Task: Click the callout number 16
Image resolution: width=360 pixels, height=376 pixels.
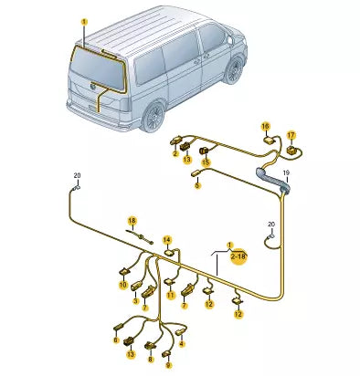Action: click(265, 126)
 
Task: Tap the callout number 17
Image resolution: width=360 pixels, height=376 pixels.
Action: click(291, 134)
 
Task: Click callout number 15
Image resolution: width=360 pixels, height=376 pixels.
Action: click(206, 162)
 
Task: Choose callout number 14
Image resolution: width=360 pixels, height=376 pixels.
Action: click(167, 241)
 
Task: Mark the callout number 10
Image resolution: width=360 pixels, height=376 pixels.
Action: click(123, 284)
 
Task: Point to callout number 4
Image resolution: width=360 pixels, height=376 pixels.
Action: click(183, 343)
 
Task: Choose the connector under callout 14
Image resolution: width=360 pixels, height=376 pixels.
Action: click(168, 256)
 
